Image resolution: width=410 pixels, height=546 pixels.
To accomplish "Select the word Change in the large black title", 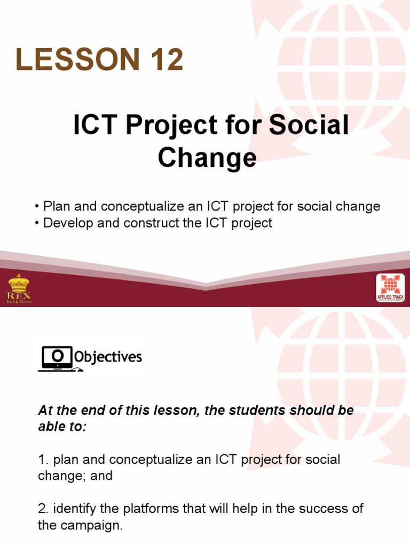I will pyautogui.click(x=207, y=158).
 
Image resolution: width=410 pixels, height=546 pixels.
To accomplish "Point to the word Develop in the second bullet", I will pyautogui.click(x=65, y=223).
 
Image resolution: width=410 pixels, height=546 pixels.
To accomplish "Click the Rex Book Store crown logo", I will pyautogui.click(x=19, y=288).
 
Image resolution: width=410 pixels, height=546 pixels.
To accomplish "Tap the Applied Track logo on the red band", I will pyautogui.click(x=390, y=288).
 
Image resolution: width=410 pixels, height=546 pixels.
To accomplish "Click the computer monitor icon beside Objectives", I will pyautogui.click(x=55, y=357).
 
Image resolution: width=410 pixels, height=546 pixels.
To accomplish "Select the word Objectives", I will pyautogui.click(x=108, y=357).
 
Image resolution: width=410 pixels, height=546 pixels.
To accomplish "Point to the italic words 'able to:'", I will pyautogui.click(x=62, y=427).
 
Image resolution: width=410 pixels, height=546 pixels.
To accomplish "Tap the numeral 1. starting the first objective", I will pyautogui.click(x=42, y=460).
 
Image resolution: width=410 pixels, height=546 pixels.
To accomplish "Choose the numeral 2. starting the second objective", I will pyautogui.click(x=42, y=509).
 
